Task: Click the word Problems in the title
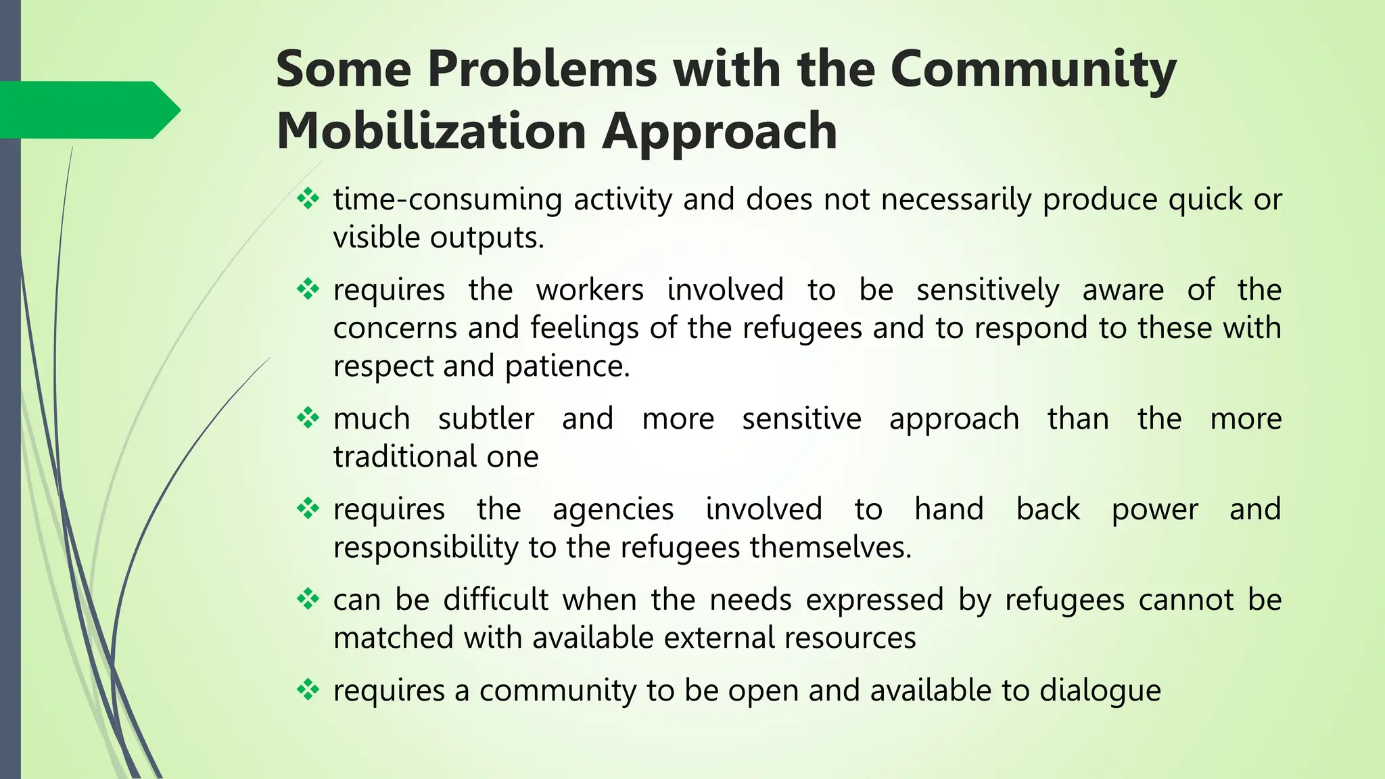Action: point(542,70)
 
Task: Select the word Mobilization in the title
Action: point(431,131)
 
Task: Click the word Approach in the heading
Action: point(720,131)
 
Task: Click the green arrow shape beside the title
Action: point(88,110)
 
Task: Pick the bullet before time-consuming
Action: point(308,199)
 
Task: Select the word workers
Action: point(590,290)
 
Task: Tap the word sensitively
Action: point(987,290)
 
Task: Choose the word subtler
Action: point(486,419)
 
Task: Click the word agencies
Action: point(613,509)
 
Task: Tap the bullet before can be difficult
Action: point(308,599)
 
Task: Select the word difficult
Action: point(496,600)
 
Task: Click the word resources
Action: point(850,638)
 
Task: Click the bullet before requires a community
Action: point(308,690)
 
